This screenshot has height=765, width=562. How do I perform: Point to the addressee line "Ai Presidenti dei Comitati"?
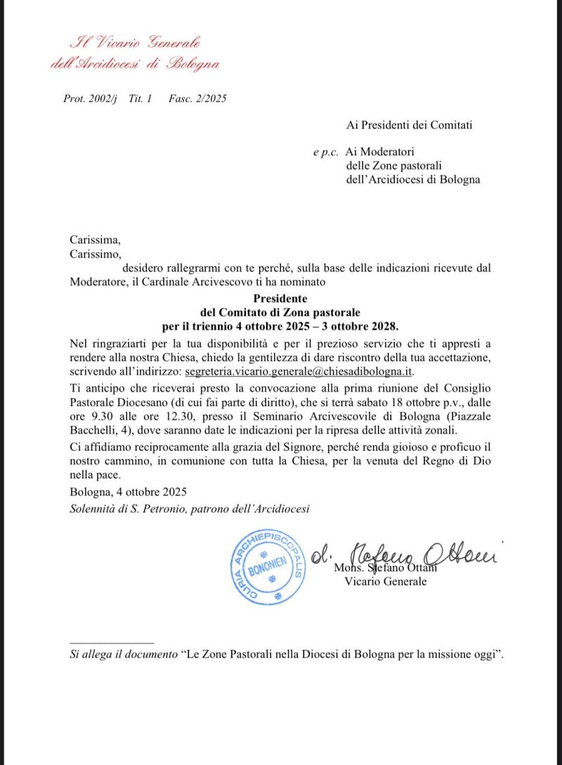[410, 126]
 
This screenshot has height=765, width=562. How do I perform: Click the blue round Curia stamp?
[268, 566]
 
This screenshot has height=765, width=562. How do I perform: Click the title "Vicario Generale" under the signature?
[385, 582]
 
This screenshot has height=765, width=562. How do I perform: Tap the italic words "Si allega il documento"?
[123, 655]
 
